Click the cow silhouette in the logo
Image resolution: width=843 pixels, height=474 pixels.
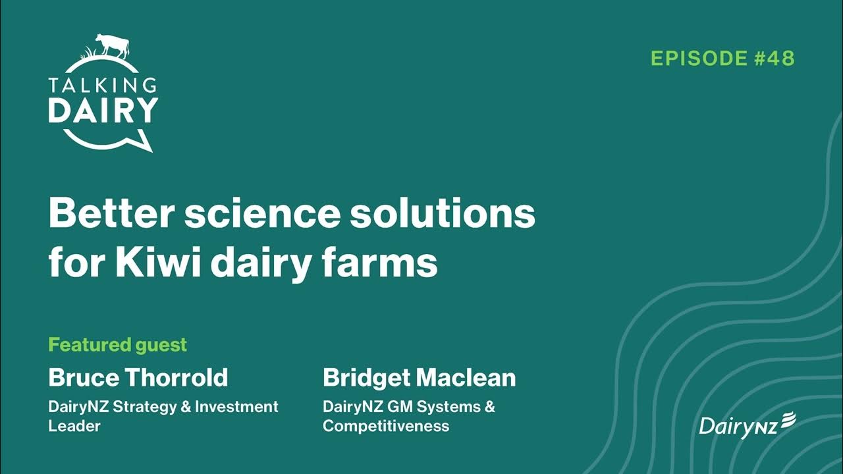112,45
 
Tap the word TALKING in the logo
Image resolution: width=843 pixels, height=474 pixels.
103,85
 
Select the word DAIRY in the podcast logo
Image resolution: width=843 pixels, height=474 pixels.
103,110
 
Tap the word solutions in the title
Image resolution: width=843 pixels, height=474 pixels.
442,213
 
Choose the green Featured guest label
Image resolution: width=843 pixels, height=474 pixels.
118,344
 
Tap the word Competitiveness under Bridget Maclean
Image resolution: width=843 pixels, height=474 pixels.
386,426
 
